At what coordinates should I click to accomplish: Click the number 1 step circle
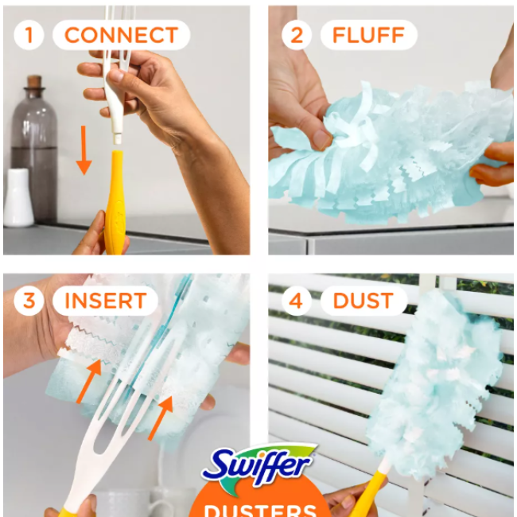29,35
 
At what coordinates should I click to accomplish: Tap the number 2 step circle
296,35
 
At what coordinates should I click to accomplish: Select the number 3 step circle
29,301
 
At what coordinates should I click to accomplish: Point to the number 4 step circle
296,301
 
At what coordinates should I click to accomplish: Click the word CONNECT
121,35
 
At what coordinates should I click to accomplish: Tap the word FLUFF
368,35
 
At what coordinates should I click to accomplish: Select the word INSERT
105,301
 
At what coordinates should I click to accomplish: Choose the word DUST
363,301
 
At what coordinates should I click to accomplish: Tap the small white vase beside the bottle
17,199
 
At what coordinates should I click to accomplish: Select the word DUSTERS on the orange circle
258,507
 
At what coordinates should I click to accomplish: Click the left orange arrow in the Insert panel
91,380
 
